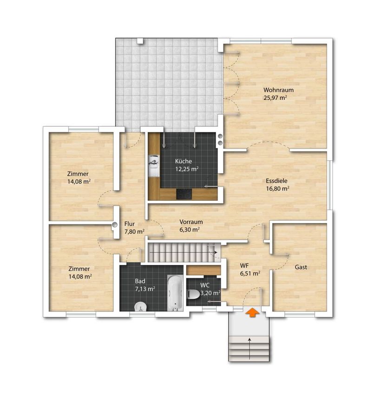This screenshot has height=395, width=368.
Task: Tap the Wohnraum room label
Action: [x=278, y=90]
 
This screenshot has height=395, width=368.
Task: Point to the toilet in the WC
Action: [x=194, y=294]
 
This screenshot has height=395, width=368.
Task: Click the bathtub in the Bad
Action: [x=175, y=293]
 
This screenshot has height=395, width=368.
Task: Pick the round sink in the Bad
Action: [x=140, y=307]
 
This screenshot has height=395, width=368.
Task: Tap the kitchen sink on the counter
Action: [x=154, y=166]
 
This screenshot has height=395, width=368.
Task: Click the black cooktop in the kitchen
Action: [x=184, y=194]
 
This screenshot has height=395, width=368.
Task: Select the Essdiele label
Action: [x=276, y=181]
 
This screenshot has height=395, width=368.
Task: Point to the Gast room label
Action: [x=301, y=267]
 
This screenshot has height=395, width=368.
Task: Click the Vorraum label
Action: [x=191, y=222]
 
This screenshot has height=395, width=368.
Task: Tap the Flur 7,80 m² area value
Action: [x=134, y=231]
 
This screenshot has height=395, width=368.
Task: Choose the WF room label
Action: [x=244, y=265]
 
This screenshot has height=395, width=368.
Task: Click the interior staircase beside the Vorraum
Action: [x=184, y=252]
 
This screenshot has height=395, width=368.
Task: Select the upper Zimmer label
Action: [x=78, y=174]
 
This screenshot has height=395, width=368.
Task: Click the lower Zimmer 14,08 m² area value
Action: [x=80, y=276]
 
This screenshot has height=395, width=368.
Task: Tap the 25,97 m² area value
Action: [x=276, y=98]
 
